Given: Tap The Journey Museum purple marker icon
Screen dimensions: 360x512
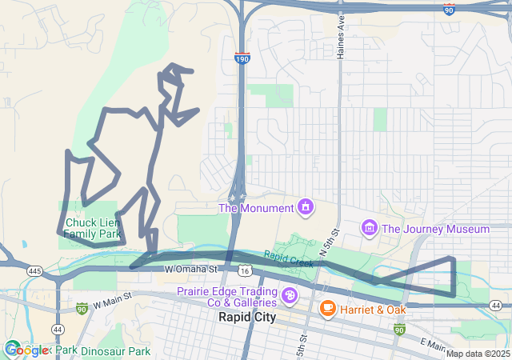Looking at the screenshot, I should (x=369, y=229).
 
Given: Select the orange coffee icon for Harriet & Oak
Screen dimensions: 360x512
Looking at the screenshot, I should (x=327, y=308).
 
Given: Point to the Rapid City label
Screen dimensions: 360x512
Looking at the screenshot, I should (x=246, y=317).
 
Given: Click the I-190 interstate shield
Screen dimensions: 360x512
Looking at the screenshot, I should (x=242, y=58).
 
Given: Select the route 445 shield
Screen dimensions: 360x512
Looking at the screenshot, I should (x=34, y=272).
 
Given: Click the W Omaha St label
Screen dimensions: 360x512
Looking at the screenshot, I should (x=192, y=270).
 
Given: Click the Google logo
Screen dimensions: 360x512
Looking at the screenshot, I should (x=26, y=350).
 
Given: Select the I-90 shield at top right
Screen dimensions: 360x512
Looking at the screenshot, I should (x=450, y=9).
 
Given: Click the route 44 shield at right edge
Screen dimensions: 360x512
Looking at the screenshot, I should (x=496, y=306).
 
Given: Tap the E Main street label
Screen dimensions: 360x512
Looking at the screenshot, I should (x=432, y=345).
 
